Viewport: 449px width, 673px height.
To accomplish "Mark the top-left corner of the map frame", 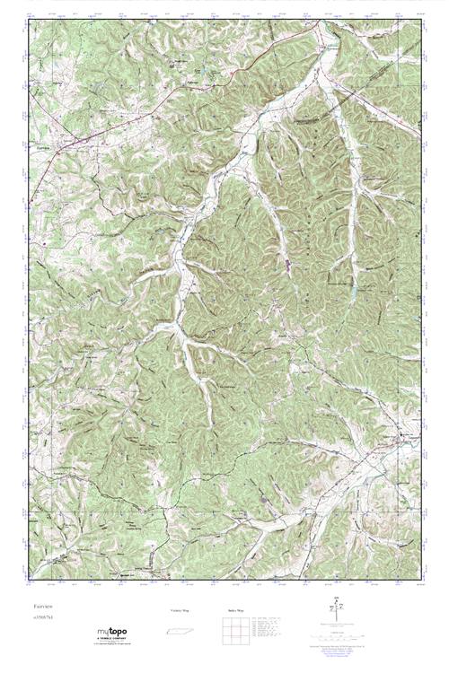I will click(x=28, y=18).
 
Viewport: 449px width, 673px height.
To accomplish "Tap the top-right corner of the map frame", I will click(x=419, y=18).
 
